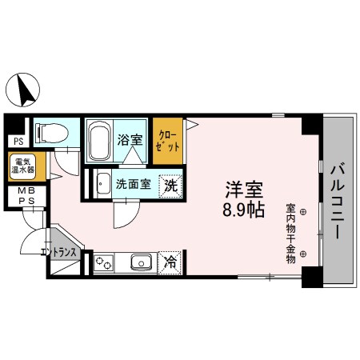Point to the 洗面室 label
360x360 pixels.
coord(132,184)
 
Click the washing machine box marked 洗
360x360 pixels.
coord(171,184)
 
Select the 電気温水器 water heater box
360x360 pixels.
coord(22,167)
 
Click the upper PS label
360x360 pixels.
coord(16,142)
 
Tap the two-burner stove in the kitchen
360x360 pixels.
coord(105,262)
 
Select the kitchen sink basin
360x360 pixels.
coord(142,261)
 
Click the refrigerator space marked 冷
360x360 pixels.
coord(170,261)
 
